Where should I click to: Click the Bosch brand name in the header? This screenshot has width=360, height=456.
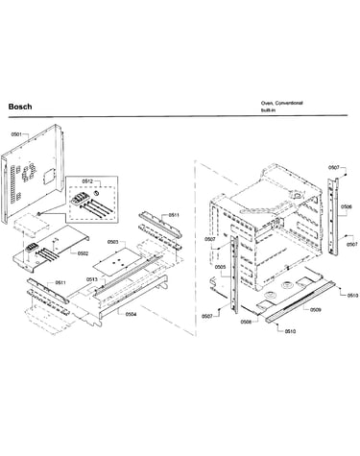[x=20, y=107]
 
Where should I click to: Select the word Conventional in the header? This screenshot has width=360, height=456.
[x=289, y=103]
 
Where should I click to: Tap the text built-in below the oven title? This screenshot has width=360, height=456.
[x=268, y=110]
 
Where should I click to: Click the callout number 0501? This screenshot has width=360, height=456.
[x=16, y=134]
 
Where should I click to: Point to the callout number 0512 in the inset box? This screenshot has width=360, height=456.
[x=87, y=181]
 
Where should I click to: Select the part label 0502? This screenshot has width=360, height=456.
[x=83, y=253]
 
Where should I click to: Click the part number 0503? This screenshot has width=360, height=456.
[x=112, y=242]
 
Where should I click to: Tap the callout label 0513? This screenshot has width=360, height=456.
[x=92, y=279]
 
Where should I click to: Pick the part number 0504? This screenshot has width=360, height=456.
[x=131, y=314]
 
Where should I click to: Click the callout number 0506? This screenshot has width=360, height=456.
[x=347, y=206]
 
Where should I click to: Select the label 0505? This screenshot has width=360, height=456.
[x=220, y=267]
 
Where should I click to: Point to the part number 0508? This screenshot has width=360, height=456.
[x=246, y=322]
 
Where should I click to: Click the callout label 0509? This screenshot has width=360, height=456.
[x=316, y=309]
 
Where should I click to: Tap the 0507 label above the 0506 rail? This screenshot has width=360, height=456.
[x=334, y=167]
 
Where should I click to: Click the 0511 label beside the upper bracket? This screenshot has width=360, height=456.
[x=174, y=215]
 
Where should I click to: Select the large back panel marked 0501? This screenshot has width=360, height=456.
[x=32, y=173]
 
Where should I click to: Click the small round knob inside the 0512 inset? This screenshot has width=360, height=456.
[x=95, y=193]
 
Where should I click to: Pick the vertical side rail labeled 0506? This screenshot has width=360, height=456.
[x=333, y=217]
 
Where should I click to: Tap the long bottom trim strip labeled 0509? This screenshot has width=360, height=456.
[x=300, y=301]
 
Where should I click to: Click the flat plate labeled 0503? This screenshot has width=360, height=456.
[x=117, y=260]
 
